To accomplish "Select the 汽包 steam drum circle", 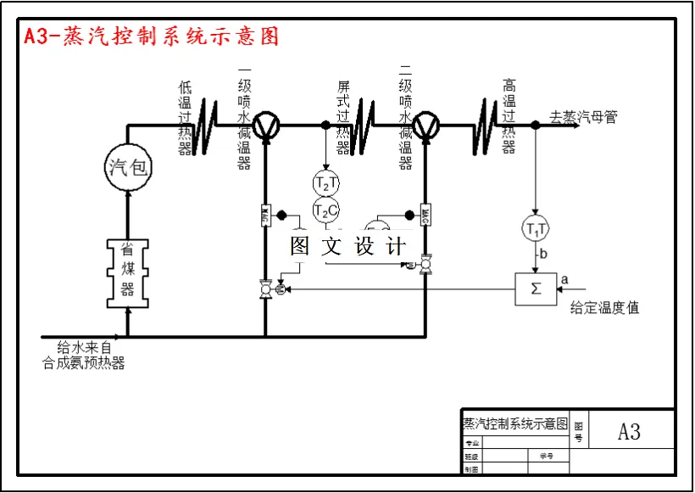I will [128, 167].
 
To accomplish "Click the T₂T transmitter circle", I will [325, 183].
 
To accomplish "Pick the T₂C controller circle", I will [325, 210].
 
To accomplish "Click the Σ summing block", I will [536, 289].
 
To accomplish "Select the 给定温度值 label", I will [604, 308].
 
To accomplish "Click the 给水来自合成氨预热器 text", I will [84, 356].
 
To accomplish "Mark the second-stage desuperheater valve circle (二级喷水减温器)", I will [424, 125].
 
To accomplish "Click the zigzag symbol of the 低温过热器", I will [207, 126].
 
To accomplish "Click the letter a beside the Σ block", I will [565, 277].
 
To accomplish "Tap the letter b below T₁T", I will [542, 254].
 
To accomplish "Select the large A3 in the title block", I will [629, 432].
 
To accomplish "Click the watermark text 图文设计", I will [347, 246].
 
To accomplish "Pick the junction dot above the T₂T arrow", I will [325, 125].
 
